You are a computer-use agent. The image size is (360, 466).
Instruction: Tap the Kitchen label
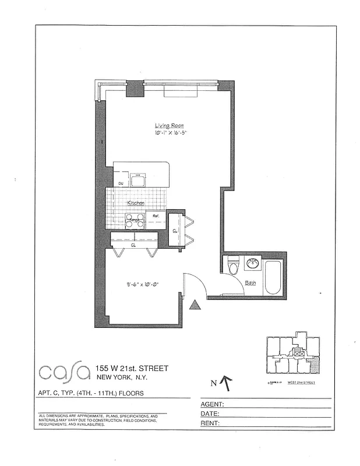point(136,202)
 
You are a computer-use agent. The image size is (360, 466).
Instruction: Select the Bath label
point(250,283)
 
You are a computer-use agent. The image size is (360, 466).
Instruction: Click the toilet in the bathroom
point(233,265)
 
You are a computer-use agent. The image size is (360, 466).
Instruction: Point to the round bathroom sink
point(253,263)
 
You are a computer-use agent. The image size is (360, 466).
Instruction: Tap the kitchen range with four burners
point(135,220)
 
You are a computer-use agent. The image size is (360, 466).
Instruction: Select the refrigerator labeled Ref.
point(156,217)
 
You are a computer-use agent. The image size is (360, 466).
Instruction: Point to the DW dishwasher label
point(121,183)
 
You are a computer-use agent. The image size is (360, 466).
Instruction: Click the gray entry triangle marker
point(196,304)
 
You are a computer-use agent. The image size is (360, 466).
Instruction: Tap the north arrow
point(227,383)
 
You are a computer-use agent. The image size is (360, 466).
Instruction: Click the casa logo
point(63,372)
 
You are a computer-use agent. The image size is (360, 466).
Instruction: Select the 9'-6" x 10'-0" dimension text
point(142,285)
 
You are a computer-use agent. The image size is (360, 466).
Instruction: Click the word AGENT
point(213,403)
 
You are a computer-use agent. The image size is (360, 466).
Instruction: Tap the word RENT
point(210,423)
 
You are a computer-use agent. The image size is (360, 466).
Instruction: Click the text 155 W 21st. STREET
point(132,368)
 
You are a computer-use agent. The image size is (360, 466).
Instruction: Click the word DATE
point(210,413)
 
